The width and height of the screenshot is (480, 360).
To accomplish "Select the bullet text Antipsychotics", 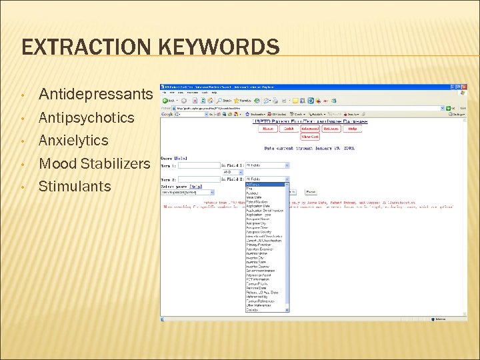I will point(87,118).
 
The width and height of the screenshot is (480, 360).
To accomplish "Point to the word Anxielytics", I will point(73,141).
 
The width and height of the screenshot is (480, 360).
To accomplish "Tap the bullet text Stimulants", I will point(75,186).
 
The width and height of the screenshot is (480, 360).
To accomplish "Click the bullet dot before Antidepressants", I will point(23,95).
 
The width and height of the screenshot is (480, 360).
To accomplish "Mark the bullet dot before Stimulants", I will point(23,186).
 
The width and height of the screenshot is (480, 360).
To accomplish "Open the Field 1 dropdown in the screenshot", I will point(267,165).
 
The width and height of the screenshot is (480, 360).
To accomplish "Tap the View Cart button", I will point(308,137).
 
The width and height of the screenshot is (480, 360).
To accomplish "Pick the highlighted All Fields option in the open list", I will point(267,185).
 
